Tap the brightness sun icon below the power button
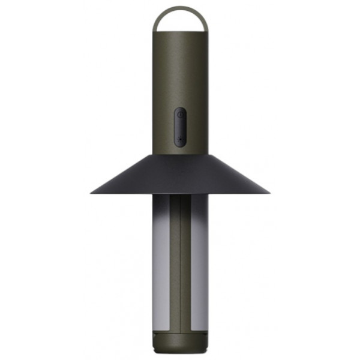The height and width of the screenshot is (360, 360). pos(180,137)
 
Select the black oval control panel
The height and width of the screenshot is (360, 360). pos(180,127)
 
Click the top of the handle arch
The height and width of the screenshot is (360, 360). pos(180,8)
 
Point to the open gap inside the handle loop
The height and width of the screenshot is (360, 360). pos(180,22)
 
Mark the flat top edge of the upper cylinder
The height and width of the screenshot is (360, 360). pos(180,32)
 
